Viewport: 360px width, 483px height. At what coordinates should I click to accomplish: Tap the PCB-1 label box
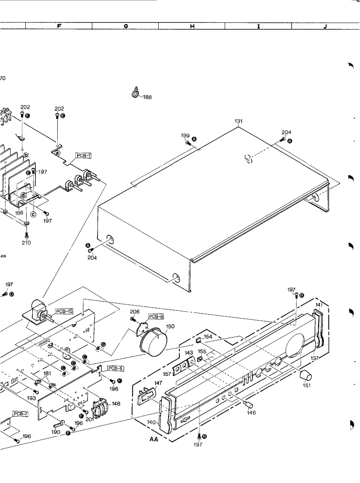coord(83,155)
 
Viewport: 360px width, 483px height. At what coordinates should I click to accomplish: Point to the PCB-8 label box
coord(157,316)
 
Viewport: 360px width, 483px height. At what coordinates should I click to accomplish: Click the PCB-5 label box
coord(114,368)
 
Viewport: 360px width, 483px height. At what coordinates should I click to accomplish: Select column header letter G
coord(126,26)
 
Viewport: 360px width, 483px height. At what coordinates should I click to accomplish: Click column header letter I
coord(259,26)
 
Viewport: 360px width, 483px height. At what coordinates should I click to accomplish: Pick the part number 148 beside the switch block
coord(116,404)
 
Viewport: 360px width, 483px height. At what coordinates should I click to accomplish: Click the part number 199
coord(185,136)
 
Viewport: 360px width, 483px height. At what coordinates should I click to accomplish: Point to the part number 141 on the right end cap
coord(319,305)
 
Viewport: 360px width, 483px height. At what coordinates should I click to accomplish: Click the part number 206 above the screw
coord(135,311)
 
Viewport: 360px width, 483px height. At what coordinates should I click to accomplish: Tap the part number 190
coord(56,431)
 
